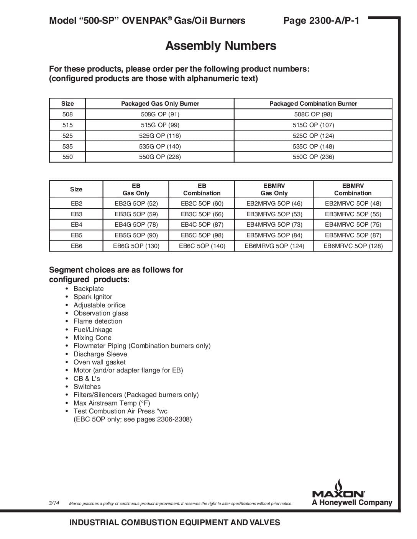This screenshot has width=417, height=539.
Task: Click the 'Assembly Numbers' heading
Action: pos(221,46)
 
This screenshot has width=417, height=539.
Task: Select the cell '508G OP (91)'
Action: pos(160,114)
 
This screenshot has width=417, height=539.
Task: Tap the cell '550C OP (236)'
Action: pos(313,157)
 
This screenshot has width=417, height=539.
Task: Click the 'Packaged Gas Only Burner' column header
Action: pos(160,103)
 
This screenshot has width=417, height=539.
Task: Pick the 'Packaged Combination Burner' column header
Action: pos(313,103)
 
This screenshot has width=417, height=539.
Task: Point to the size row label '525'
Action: pos(67,136)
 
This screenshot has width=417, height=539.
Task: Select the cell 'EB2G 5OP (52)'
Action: pos(136,203)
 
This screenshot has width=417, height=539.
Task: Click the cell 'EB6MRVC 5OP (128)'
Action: pos(353,246)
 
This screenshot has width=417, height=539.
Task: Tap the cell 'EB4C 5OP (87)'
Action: pos(202,224)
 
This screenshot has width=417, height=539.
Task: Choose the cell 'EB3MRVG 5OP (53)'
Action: pos(274,214)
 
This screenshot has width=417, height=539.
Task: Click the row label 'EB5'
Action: pos(76,235)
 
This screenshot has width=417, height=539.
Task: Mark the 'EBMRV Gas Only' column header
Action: pos(274,189)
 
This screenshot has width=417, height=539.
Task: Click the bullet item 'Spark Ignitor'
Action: pos(93,297)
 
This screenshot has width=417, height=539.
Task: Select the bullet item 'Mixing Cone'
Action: pos(92,338)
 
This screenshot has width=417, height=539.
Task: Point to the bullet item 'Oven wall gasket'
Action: pos(100,362)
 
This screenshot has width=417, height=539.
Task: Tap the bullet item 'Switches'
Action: pos(87,387)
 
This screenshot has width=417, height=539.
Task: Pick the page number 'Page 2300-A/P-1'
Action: pos(321,21)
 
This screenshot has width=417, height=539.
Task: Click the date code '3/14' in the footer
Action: pos(54,503)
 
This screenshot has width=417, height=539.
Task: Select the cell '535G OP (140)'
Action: pos(160,146)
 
